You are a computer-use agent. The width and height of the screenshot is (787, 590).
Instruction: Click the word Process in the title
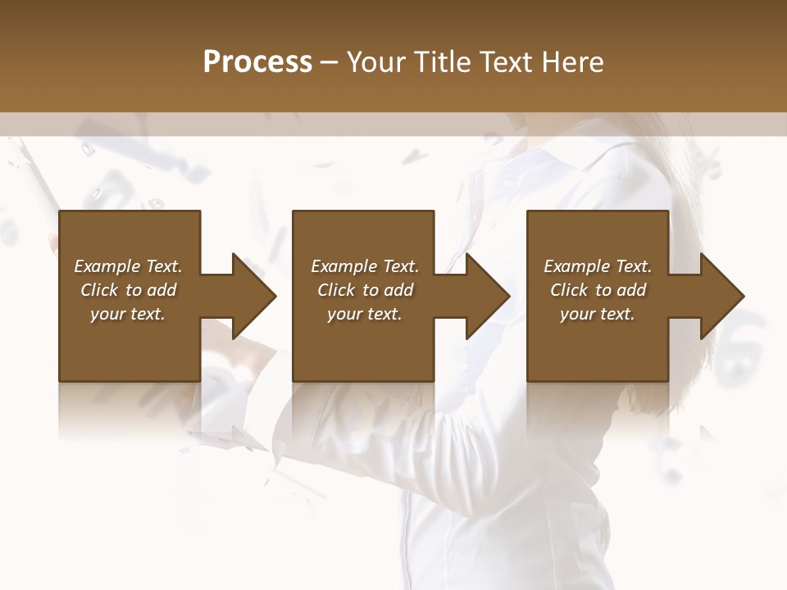click(x=257, y=62)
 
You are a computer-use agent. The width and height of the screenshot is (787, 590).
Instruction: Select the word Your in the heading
click(x=377, y=62)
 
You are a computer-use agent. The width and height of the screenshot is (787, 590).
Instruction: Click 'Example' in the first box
click(x=107, y=266)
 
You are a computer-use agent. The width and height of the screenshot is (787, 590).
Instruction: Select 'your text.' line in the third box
click(x=597, y=314)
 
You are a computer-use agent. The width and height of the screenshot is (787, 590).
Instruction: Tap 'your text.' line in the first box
click(x=128, y=314)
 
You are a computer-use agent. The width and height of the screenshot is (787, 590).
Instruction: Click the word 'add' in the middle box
click(x=398, y=290)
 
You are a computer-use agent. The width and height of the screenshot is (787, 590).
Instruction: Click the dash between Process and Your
click(x=330, y=62)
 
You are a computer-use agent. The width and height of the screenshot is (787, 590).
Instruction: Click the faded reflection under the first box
click(x=129, y=410)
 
